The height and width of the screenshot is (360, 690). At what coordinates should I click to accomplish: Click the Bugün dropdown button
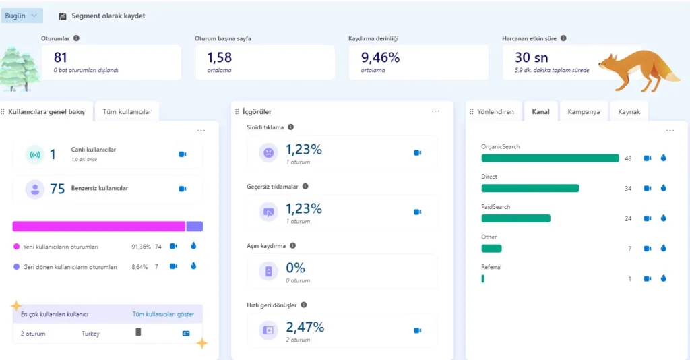pos(22,16)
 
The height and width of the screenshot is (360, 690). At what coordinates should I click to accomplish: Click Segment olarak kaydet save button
pos(102,16)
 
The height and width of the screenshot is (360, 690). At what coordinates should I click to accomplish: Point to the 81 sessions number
pos(61,57)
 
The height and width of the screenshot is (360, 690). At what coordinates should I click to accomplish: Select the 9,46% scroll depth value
pos(380,57)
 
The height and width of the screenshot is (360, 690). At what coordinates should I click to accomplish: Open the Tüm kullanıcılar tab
pos(127,111)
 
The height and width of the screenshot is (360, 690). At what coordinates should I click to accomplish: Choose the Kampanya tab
pos(584,111)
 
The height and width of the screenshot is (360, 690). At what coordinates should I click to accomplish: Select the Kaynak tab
pos(628,111)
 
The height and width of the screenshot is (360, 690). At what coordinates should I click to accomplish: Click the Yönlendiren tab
pos(495,111)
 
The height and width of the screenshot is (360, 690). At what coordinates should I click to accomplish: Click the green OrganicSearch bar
pos(549,158)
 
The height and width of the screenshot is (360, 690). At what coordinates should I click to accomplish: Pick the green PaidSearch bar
pos(515,218)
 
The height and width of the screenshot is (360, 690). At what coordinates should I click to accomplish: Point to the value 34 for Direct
pos(627,189)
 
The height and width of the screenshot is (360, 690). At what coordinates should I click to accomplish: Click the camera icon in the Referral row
pos(648,278)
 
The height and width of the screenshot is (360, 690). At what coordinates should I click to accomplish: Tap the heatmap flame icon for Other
pos(663,248)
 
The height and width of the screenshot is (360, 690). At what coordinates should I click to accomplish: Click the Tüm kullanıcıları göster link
pos(163,314)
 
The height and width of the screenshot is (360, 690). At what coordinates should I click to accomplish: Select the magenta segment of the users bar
pos(98,227)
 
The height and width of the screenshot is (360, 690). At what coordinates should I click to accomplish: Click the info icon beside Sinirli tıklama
pos(291,127)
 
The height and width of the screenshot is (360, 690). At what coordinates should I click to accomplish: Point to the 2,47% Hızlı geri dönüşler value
pos(305,328)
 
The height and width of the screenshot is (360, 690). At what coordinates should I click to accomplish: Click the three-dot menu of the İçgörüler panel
pos(435,111)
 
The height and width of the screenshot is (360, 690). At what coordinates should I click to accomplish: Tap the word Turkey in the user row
pos(90,334)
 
